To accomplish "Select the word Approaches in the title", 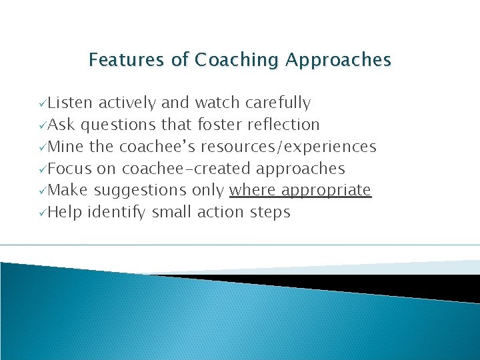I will [338, 61].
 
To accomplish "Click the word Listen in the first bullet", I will [71, 103].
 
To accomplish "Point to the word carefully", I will [277, 103].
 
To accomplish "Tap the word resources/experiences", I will [288, 147].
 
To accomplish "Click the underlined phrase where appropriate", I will [300, 191].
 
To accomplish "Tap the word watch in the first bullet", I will [217, 103].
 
